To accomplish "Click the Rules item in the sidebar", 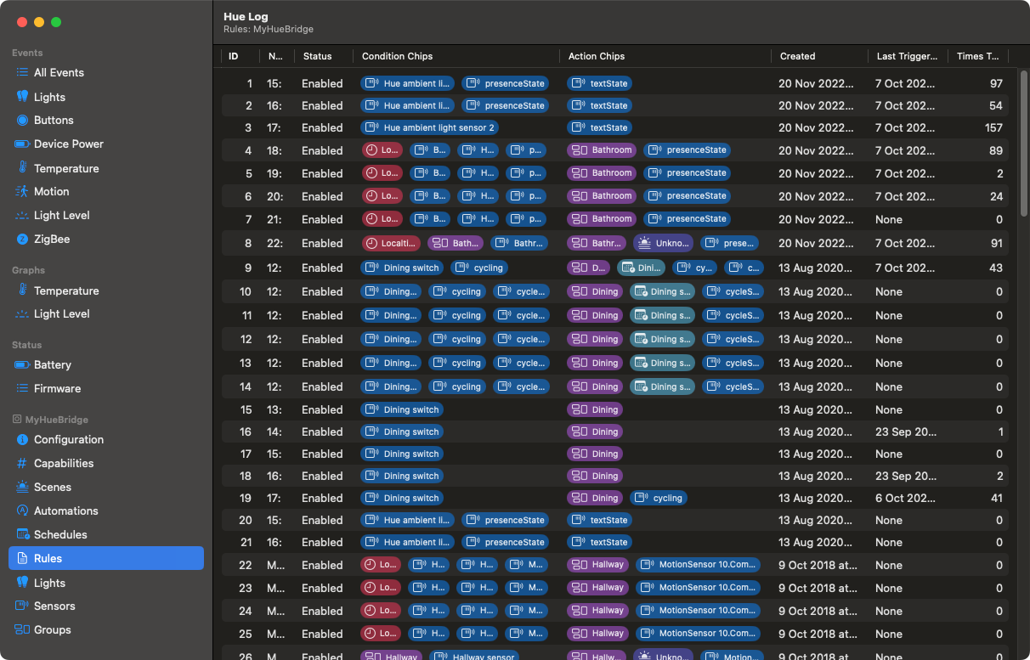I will [x=48, y=558].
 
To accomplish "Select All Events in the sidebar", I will [x=59, y=73].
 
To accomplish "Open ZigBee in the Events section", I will [x=52, y=240].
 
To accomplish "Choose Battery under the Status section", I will [x=52, y=365].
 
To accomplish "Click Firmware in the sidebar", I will [x=57, y=389].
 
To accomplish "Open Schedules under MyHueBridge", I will [x=60, y=535].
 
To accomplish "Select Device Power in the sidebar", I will [x=68, y=144].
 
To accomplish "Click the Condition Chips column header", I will [x=397, y=57].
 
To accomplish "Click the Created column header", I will [x=797, y=57].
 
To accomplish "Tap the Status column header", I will [x=317, y=57].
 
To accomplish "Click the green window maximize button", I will [x=56, y=22].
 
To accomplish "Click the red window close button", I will [x=22, y=22].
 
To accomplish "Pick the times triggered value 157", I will [x=993, y=128].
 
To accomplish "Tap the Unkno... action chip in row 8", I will [x=663, y=243].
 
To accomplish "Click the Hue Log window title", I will [x=246, y=16].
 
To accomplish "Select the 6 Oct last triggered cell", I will [x=906, y=499].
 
